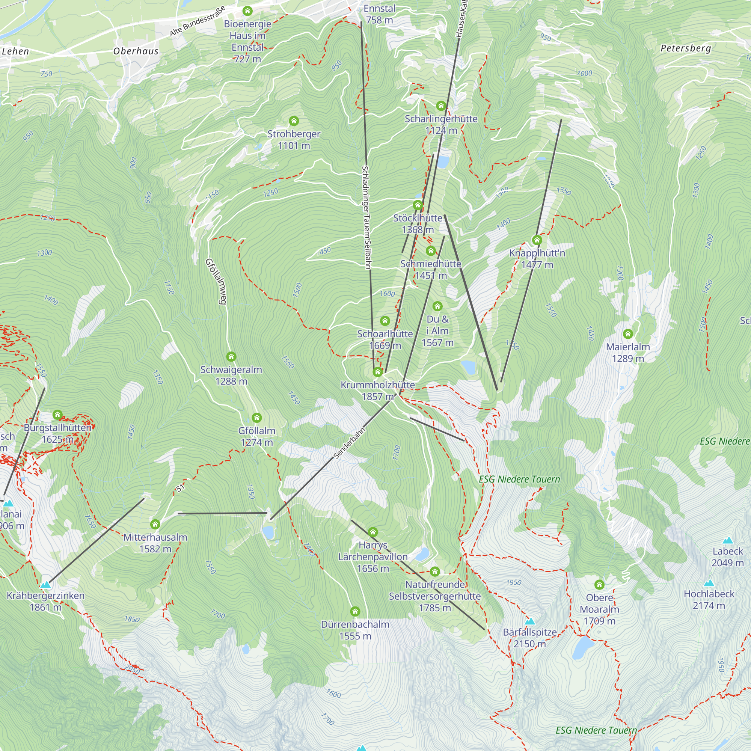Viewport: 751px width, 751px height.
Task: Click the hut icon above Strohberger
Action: [x=294, y=121]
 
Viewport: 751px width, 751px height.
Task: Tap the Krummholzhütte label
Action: [x=377, y=390]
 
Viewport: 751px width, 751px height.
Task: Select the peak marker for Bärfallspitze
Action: [x=530, y=621]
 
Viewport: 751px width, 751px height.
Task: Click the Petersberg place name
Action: [x=686, y=48]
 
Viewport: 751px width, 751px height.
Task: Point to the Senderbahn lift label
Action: [x=350, y=443]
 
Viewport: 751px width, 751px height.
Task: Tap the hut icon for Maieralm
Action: [x=628, y=334]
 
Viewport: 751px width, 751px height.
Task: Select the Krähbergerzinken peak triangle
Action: [x=46, y=585]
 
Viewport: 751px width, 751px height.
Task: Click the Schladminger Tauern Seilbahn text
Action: [x=366, y=218]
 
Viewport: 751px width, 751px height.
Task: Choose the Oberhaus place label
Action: [x=136, y=51]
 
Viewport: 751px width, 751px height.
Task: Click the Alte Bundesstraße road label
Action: [x=198, y=21]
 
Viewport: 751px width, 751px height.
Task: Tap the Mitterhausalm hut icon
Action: [x=155, y=524]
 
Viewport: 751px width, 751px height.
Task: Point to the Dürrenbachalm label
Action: [x=355, y=630]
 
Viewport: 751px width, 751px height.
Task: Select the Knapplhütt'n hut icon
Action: [x=537, y=240]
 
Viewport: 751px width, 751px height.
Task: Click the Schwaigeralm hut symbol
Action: [x=231, y=356]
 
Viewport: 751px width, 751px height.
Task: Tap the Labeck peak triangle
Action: [x=728, y=540]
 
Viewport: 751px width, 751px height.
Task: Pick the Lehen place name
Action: [x=15, y=51]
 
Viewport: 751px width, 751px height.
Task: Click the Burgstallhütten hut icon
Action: [x=57, y=415]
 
